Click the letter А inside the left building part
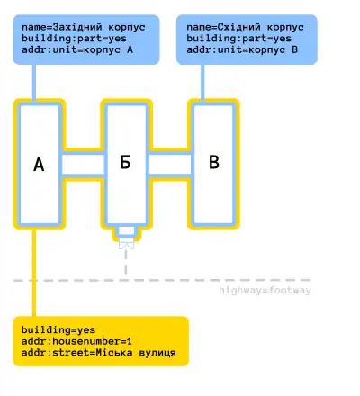pos(39,165)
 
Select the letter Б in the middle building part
pos(125,162)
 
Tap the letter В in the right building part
pos(214,162)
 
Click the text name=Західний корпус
pos(84,27)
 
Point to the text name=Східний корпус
pos(245,27)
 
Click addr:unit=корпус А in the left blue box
pos(77,49)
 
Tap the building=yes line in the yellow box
pos(58,330)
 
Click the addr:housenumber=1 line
pos(76,341)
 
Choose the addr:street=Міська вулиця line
pos(98,353)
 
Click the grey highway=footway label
pos(265,291)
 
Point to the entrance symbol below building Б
pos(126,245)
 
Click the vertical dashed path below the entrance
pos(126,262)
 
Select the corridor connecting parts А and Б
pos(83,164)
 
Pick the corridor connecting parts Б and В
pos(170,164)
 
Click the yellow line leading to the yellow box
pos(34,273)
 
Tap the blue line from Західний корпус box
pos(34,84)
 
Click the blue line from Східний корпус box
pos(202,84)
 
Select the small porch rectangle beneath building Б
pos(126,231)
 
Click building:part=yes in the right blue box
pos(238,39)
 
